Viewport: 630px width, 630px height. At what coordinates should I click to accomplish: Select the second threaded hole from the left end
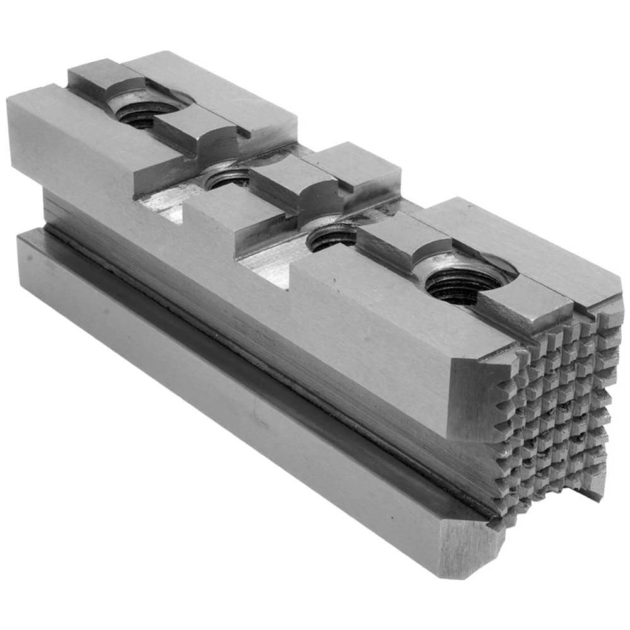(228, 179)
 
